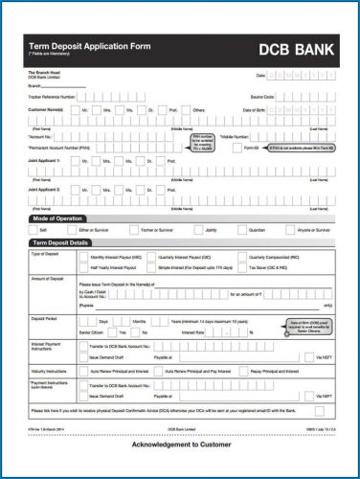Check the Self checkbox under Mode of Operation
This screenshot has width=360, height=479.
(x=34, y=231)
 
